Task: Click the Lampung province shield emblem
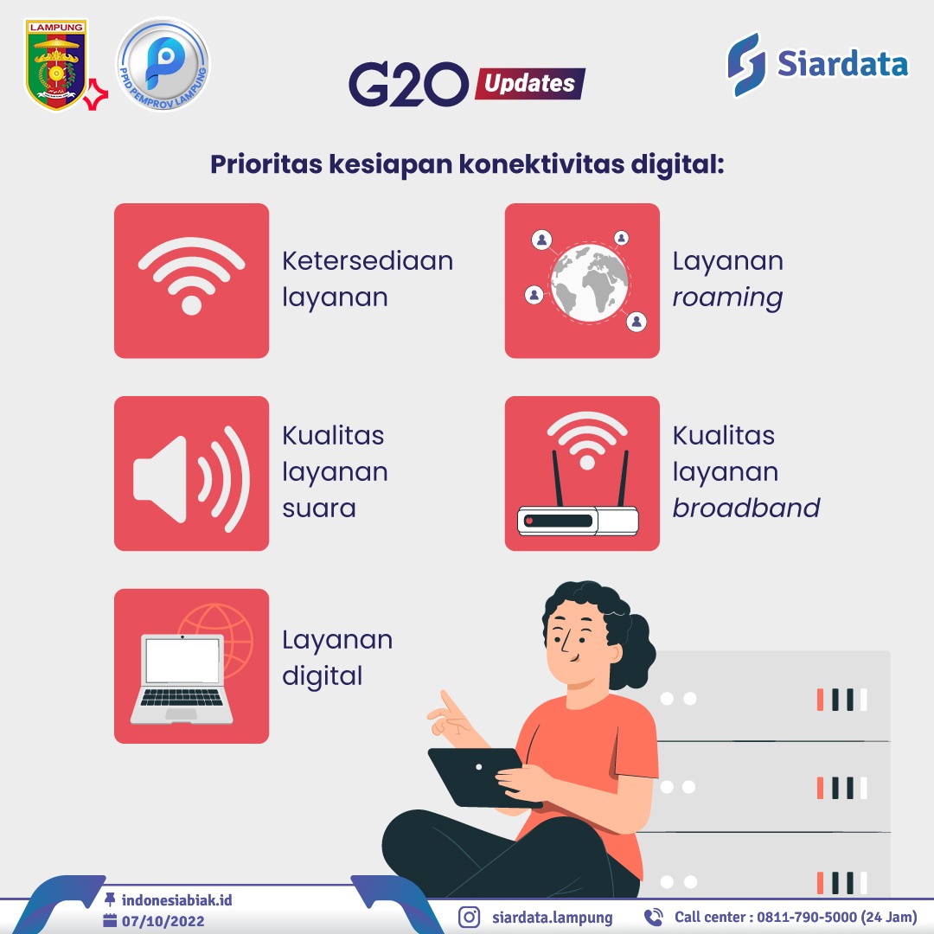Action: tap(55, 64)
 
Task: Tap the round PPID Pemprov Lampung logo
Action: tap(163, 64)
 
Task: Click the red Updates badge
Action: tap(529, 83)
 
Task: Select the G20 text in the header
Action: tap(408, 84)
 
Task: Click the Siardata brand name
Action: tap(842, 63)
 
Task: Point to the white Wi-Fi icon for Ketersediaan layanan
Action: tap(191, 275)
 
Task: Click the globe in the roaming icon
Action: tap(589, 283)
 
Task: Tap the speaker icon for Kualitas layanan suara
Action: tap(191, 479)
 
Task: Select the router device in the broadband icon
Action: tap(578, 520)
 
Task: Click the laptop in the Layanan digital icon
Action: tap(182, 679)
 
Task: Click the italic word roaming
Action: tap(727, 297)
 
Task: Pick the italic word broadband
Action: tap(745, 508)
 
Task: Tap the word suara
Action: tap(318, 509)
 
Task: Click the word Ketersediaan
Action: tap(368, 261)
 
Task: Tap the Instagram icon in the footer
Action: tap(469, 917)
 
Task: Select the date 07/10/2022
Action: tap(163, 921)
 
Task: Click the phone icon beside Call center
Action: tap(654, 917)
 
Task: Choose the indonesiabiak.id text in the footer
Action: tap(177, 899)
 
